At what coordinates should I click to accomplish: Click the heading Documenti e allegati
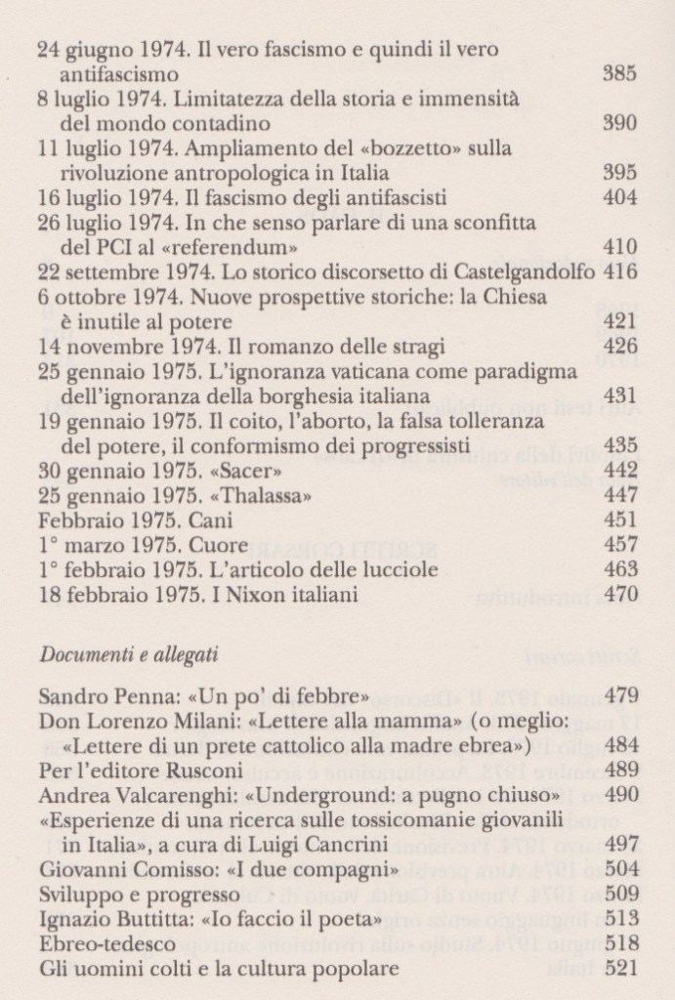pos(129,653)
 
